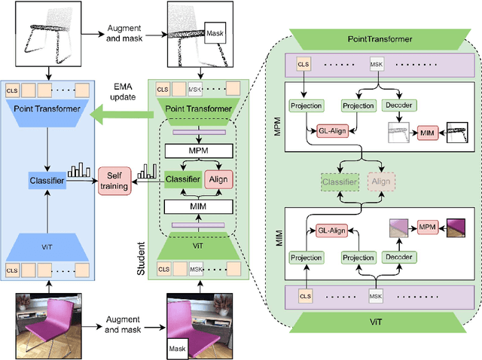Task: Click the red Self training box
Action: [x=114, y=180]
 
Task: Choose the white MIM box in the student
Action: [x=197, y=204]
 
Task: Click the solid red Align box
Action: [x=219, y=180]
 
